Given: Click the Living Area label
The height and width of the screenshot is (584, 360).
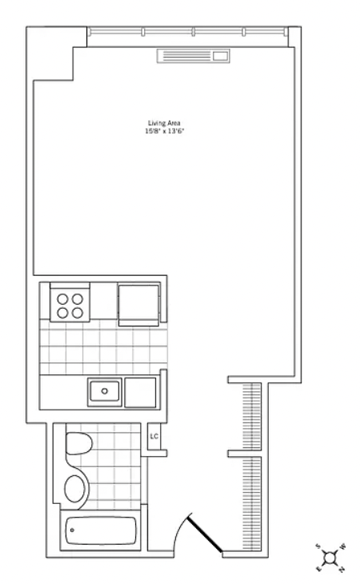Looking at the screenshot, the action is click(164, 123).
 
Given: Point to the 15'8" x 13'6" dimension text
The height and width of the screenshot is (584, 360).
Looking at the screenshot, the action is click(165, 131).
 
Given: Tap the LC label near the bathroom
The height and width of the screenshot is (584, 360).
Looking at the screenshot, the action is click(154, 436).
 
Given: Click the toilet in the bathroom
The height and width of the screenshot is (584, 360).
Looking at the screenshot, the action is click(79, 443).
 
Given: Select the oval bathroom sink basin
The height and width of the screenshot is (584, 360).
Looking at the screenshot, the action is click(75, 489).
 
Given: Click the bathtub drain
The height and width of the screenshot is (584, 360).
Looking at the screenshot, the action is click(72, 530).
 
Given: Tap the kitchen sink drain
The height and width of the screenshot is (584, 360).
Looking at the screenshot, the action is click(105, 391).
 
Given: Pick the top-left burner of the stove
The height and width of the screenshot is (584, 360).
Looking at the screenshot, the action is click(62, 298).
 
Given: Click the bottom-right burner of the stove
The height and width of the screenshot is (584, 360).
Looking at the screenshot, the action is click(78, 313).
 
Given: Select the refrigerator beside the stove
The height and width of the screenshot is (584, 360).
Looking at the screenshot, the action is click(139, 303).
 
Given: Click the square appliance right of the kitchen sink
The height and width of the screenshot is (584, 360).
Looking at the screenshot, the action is click(140, 393).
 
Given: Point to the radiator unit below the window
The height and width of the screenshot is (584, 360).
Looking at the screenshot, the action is click(194, 56).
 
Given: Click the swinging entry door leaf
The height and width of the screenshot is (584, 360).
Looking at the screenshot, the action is click(205, 533).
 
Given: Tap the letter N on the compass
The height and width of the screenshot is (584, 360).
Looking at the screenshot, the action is click(342, 569).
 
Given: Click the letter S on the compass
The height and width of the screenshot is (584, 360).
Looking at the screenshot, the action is click(318, 546).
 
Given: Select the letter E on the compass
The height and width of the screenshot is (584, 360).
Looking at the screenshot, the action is click(318, 569).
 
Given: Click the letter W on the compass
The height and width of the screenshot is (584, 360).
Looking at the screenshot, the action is click(343, 546).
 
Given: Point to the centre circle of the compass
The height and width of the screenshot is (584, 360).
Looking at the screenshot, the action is click(330, 558).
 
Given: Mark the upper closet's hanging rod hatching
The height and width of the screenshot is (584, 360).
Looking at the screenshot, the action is click(252, 416).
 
